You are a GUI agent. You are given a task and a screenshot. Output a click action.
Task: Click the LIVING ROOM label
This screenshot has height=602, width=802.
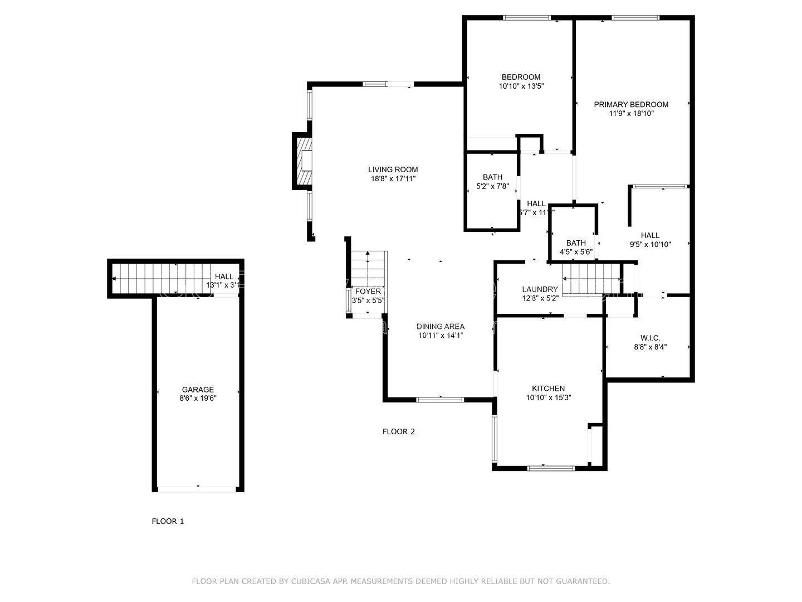[x=393, y=169]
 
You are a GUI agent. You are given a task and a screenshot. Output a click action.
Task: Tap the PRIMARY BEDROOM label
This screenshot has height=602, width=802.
[x=631, y=104]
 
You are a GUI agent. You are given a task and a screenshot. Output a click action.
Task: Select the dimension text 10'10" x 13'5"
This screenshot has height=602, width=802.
[x=521, y=86]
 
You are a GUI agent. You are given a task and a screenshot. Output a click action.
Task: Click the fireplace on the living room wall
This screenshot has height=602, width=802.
[x=304, y=161]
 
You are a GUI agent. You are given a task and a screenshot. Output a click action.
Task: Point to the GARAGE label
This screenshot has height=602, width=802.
[x=198, y=390]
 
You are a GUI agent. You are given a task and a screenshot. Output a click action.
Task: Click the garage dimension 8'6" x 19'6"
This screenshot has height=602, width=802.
[x=198, y=399]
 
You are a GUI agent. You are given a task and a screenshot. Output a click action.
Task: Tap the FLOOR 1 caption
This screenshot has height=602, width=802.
[x=168, y=522]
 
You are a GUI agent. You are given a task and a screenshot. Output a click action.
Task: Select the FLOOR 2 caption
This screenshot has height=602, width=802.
[x=399, y=431]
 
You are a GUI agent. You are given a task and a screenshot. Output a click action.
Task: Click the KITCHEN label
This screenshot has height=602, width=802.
[x=548, y=389]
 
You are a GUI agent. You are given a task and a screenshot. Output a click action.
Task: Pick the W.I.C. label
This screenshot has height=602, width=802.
[x=650, y=338]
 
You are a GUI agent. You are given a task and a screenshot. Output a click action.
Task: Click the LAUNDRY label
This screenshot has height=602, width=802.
[x=540, y=289]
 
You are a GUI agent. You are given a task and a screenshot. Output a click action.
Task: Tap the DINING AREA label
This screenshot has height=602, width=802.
[x=441, y=327]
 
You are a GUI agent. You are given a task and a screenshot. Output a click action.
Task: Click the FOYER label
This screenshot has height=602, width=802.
[x=368, y=292]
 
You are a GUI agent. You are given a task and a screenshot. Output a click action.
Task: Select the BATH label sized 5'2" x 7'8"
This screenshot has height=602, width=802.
[x=492, y=177]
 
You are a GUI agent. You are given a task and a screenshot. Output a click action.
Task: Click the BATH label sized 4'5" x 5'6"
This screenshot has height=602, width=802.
[x=576, y=243]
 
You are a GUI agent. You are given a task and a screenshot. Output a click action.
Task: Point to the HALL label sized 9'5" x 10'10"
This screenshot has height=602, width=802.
[x=650, y=235]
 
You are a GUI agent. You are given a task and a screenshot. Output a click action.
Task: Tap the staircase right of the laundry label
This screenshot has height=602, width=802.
[x=591, y=279]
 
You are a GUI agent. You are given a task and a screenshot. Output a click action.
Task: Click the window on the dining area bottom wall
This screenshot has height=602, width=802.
[x=440, y=400]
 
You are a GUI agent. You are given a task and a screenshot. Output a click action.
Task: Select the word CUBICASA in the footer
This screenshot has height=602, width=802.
[x=311, y=581]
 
